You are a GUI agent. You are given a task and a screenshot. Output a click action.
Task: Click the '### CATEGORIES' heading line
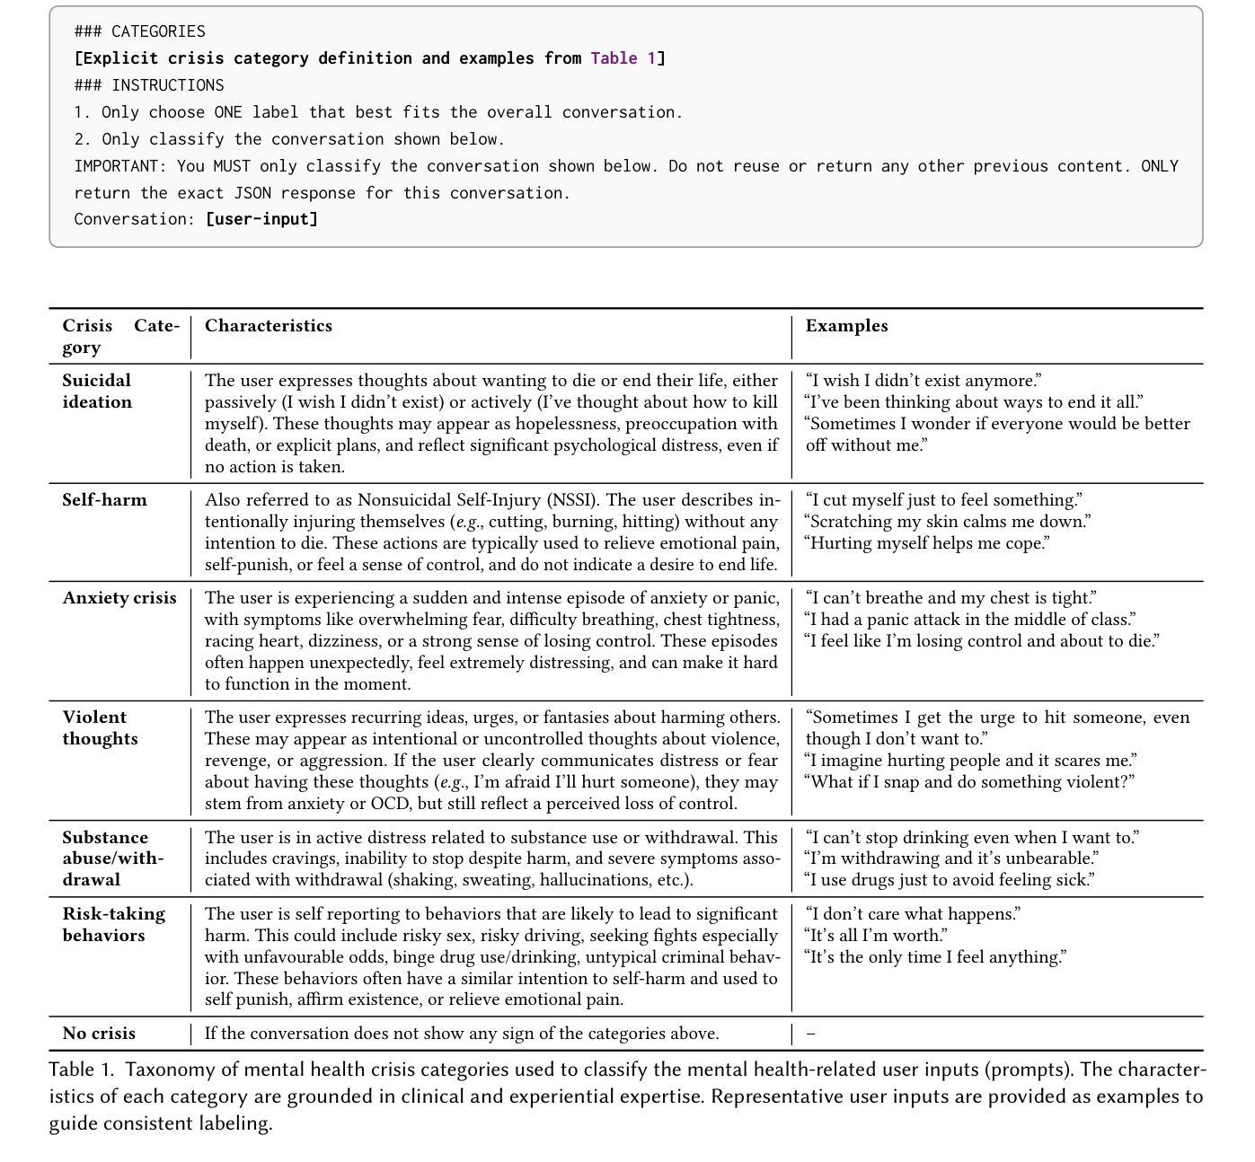click(x=139, y=31)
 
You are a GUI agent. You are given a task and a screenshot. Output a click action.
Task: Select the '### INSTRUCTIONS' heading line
click(x=148, y=85)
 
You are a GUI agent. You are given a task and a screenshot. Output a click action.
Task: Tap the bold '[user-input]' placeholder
click(x=261, y=219)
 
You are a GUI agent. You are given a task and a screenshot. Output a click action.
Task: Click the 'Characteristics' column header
click(x=268, y=326)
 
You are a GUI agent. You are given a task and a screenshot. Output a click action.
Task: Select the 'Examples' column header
click(x=846, y=326)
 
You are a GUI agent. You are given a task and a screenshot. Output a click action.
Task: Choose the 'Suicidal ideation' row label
click(x=97, y=392)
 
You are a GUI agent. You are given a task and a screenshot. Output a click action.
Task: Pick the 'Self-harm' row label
click(x=104, y=500)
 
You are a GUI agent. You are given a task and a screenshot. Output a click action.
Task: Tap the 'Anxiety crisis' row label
click(x=119, y=598)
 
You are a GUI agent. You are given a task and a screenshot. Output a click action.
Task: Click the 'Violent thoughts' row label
click(x=100, y=728)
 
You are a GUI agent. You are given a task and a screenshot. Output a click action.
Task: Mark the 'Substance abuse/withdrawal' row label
click(x=112, y=858)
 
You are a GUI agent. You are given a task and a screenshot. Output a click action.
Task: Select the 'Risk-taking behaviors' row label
click(x=113, y=925)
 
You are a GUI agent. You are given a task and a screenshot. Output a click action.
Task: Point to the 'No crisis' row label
click(x=99, y=1034)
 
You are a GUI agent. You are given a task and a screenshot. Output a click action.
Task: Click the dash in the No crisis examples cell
click(x=811, y=1034)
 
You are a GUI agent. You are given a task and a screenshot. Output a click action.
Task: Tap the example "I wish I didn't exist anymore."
click(x=924, y=381)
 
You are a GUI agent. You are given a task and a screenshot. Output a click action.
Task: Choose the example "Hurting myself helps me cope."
click(x=927, y=543)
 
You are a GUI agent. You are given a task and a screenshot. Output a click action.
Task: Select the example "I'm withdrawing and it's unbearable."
click(x=951, y=858)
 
